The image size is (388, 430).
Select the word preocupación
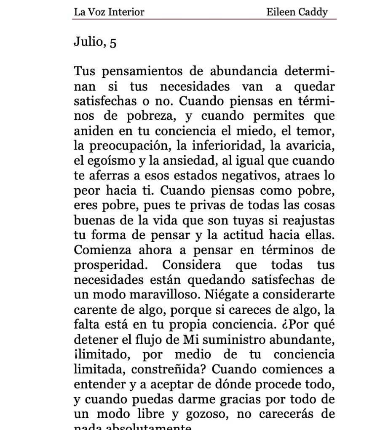pos(123,147)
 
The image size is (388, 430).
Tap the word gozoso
pos(204,414)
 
